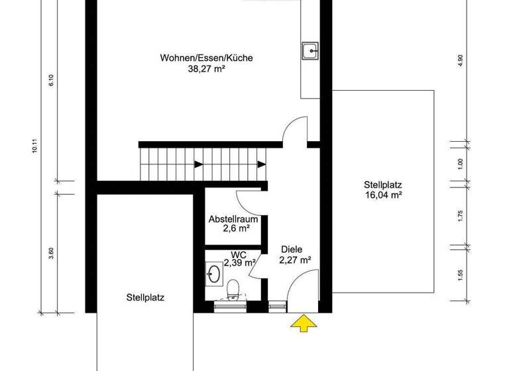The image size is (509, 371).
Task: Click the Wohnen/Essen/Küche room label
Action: (207, 58)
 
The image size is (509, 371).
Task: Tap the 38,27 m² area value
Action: (206, 68)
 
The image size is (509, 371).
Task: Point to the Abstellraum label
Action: (229, 219)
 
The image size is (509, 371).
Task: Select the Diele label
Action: (291, 250)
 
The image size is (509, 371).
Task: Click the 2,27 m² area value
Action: (295, 260)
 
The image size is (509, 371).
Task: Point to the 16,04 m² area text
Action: (384, 195)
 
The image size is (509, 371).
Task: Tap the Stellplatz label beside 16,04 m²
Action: (384, 185)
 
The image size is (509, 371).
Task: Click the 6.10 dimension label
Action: (51, 81)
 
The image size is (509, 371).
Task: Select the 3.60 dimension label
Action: (51, 252)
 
